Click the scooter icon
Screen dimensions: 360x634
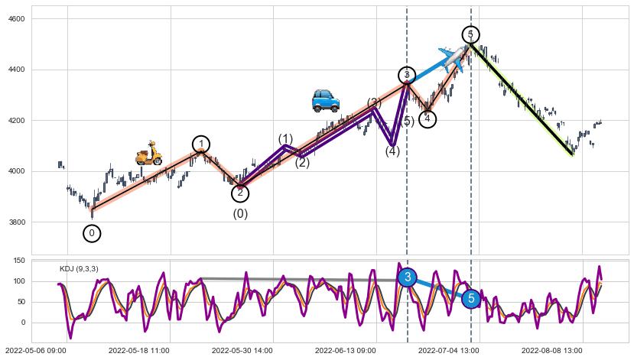149,154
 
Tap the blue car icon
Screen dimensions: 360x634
326,100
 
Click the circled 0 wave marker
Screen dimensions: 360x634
92,233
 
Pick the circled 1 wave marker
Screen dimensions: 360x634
200,144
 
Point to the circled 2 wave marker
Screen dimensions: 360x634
240,193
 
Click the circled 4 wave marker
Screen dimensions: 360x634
428,118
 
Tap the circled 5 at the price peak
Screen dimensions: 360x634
471,34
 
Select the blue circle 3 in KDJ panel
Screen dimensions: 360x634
408,277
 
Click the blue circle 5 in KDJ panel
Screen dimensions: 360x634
471,298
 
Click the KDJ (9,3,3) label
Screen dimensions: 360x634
79,269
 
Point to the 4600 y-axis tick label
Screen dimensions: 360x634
16,18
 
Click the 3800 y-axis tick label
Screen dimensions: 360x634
16,222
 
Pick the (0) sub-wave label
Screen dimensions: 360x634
240,214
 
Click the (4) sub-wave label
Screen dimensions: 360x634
392,151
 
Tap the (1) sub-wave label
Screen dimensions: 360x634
285,139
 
